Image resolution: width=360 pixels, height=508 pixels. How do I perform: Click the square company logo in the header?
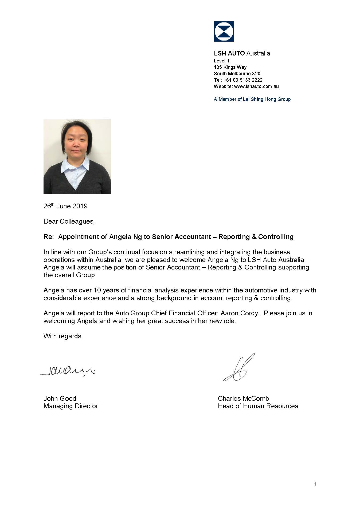click(224, 31)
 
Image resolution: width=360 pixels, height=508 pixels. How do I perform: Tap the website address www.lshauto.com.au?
click(256, 86)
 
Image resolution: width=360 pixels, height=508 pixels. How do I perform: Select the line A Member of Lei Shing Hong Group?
click(252, 99)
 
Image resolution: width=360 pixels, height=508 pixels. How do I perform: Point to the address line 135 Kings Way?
click(230, 67)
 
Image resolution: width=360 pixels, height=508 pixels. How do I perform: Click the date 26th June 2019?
click(65, 206)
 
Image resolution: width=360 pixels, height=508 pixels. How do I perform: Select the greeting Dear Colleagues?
click(69, 221)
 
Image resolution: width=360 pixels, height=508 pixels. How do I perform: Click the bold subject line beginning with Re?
click(168, 237)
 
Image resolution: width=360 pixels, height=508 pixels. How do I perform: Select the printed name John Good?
click(60, 399)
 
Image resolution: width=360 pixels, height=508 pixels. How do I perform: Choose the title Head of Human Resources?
click(258, 406)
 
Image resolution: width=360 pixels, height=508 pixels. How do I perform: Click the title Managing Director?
click(71, 406)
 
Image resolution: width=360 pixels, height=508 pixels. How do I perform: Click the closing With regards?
click(63, 336)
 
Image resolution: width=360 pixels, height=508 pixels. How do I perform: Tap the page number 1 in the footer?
click(315, 484)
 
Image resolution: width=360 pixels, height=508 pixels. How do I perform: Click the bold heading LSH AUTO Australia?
click(242, 53)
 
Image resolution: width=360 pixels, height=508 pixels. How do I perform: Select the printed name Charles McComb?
click(243, 399)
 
